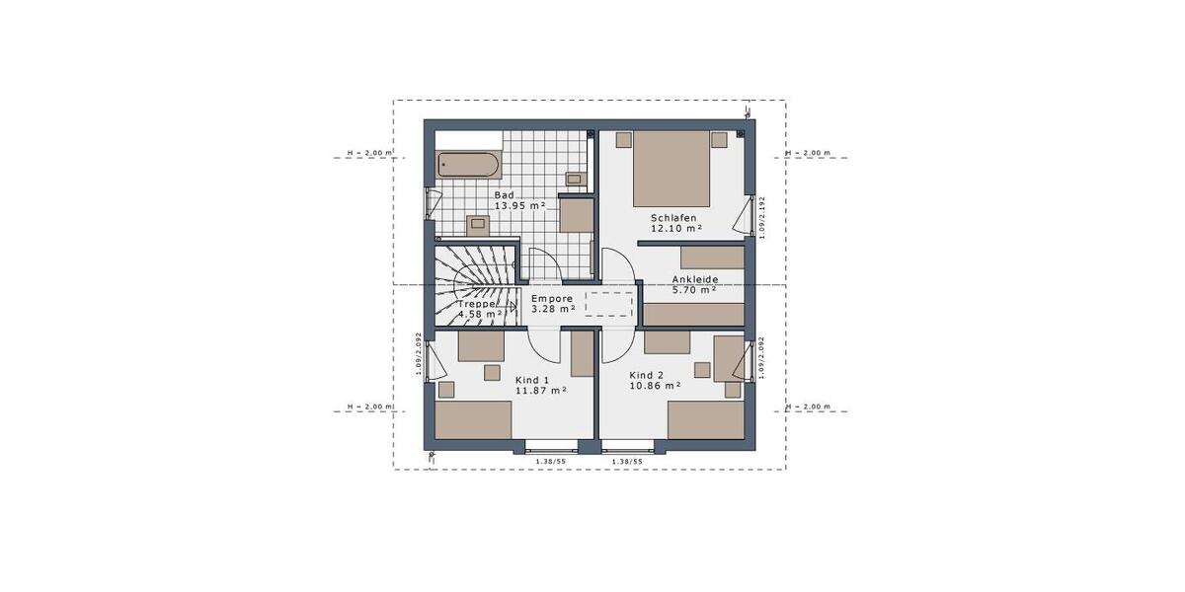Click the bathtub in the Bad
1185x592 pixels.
point(469,165)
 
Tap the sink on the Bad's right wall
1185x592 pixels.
point(574,179)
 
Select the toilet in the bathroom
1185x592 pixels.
point(477,223)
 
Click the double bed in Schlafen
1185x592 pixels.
point(671,164)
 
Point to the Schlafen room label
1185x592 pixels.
point(673,217)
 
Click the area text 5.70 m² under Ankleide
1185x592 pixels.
point(693,290)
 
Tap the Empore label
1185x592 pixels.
point(552,298)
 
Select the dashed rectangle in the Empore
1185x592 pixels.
point(608,304)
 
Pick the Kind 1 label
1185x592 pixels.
point(531,379)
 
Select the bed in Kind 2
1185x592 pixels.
point(705,420)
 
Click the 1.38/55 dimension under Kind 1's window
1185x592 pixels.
point(550,461)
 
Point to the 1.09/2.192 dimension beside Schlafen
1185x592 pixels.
point(761,217)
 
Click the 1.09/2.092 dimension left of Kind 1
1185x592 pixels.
point(419,352)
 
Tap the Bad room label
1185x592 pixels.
point(505,195)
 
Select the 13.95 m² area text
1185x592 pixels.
point(519,205)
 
